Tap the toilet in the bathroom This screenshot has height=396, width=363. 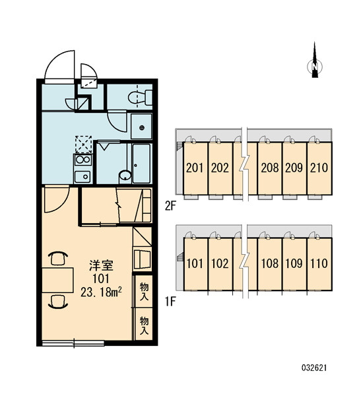coord(140,98)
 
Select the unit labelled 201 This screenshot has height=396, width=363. coord(195,168)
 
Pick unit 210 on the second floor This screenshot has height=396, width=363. coord(319,168)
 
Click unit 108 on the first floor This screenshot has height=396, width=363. coord(270,263)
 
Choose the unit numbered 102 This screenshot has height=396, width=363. coord(220,263)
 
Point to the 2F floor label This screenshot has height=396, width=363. coord(170,206)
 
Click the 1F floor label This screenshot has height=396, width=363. coord(170,302)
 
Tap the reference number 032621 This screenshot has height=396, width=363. coord(314,368)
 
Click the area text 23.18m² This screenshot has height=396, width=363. coord(101,292)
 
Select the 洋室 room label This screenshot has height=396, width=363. coord(101,265)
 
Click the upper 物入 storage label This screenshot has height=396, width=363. coord(144,292)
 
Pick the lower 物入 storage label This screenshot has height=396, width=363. coord(144,326)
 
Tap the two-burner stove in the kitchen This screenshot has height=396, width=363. coord(83,160)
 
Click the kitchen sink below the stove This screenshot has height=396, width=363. coord(82,176)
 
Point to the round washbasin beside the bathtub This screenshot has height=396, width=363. coord(125,176)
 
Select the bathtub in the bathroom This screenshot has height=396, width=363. coord(141,164)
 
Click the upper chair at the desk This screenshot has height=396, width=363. coord(58,258)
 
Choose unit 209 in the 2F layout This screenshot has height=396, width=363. coord(294,168)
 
